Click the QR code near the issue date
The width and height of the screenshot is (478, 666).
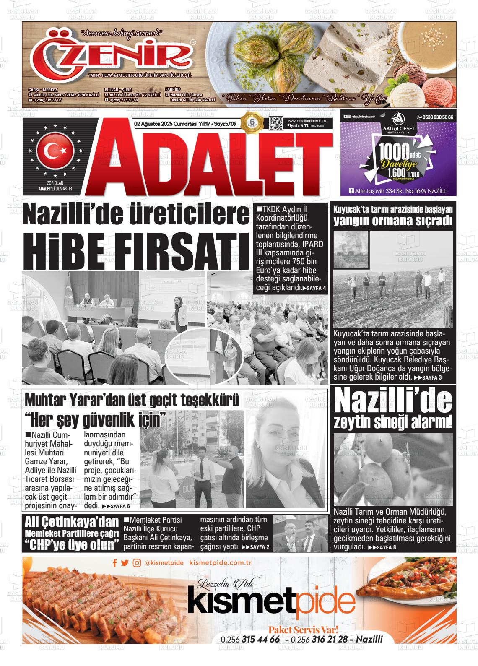click(x=276, y=124)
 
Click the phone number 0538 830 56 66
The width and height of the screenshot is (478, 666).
click(x=435, y=117)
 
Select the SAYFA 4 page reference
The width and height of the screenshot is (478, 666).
click(x=317, y=289)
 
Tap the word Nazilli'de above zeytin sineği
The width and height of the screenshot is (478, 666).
click(x=393, y=402)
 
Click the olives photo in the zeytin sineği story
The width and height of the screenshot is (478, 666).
click(x=393, y=470)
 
